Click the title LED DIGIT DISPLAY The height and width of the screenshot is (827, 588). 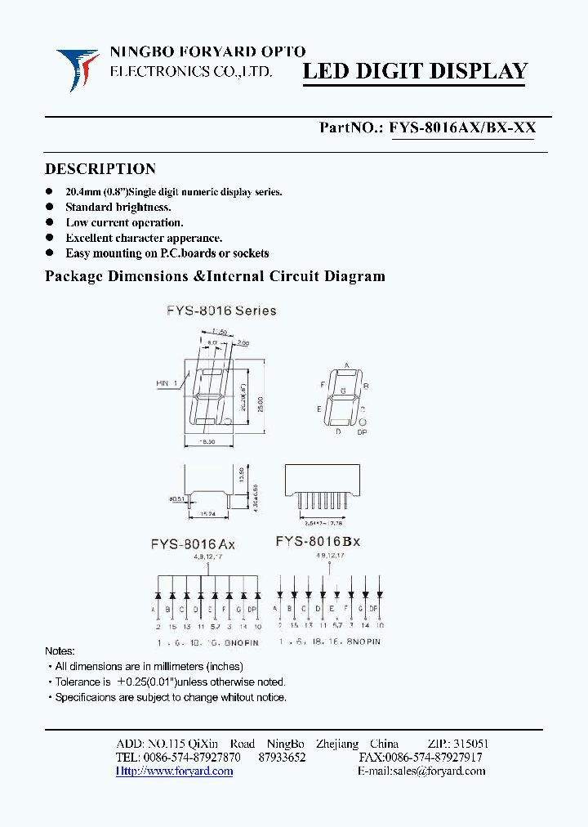pos(416,71)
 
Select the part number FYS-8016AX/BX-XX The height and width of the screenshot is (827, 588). pos(462,127)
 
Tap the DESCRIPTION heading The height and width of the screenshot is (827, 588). pos(100,169)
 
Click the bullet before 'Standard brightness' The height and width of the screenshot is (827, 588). pos(50,208)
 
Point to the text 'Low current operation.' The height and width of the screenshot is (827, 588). pos(124,222)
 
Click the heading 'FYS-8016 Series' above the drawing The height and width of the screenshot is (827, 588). pos(221,311)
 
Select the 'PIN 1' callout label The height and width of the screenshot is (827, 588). pos(167,382)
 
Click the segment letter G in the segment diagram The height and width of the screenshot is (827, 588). pos(343,392)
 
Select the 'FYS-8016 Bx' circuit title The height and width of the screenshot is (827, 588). pos(318,541)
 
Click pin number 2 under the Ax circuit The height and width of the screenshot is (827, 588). pos(158,627)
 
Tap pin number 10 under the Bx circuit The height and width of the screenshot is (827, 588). pos(379,625)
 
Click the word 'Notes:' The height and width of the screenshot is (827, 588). pos(60,651)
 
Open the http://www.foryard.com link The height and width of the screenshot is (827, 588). pos(174,771)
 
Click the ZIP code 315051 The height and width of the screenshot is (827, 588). pos(471,744)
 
